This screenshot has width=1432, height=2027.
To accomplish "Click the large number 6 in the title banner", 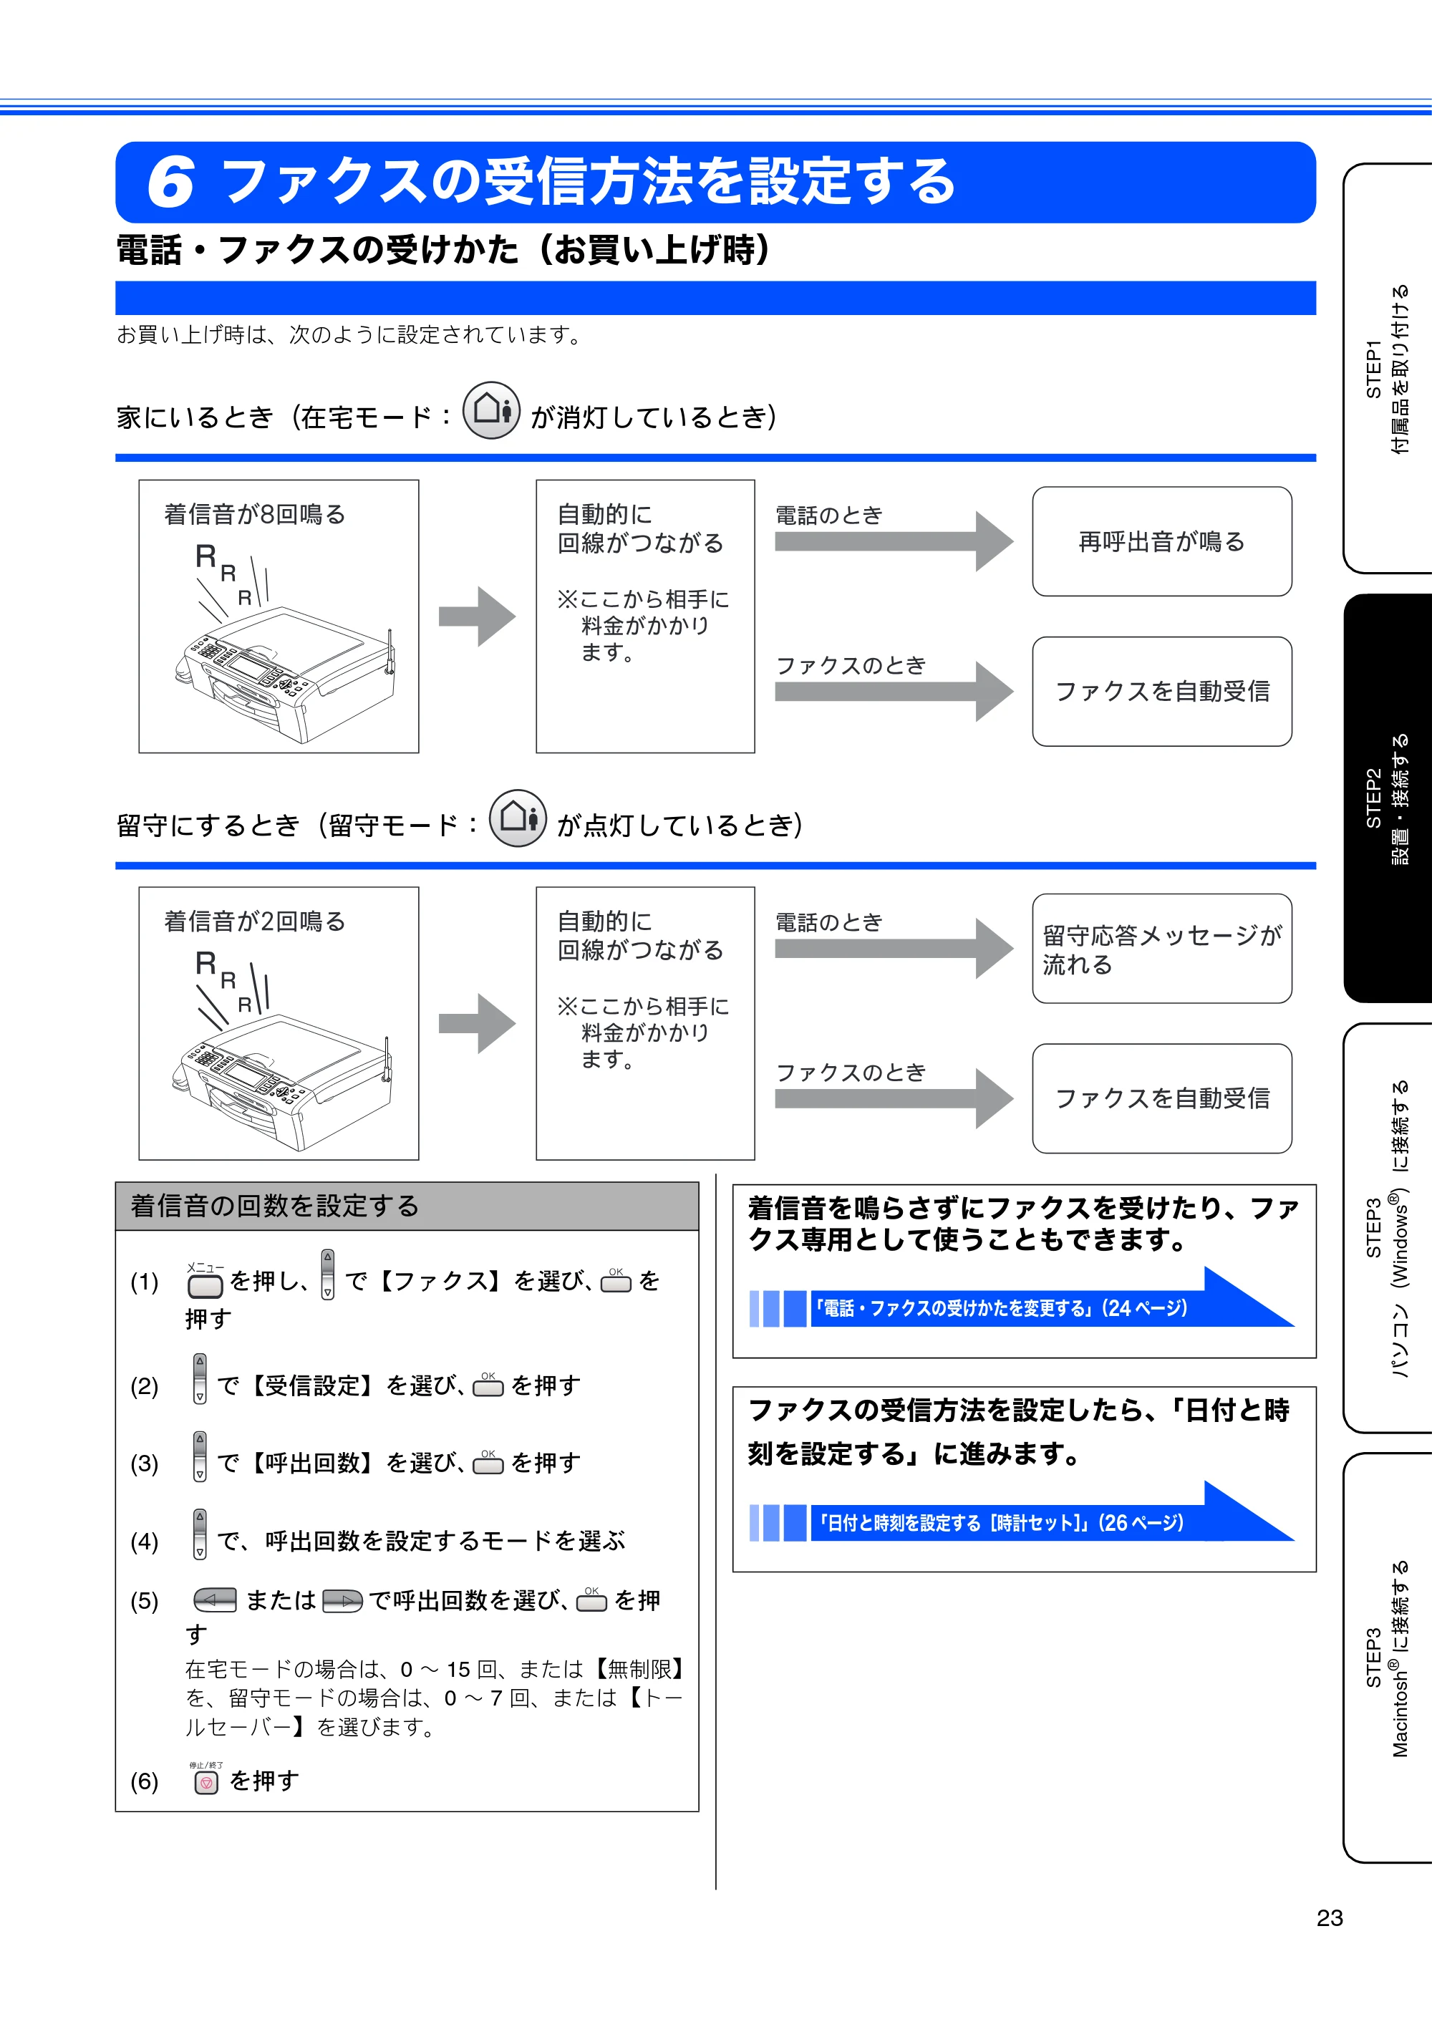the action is pos(170,182).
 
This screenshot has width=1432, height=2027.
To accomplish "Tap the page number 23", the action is pos(1330,1917).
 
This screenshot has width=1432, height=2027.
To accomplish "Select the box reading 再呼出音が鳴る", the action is pos(1162,541).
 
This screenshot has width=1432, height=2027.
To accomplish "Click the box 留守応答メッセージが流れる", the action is pos(1162,948).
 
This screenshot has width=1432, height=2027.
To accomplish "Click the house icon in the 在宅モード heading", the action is pos(492,410).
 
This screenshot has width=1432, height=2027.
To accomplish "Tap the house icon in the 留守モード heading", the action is pos(518,818).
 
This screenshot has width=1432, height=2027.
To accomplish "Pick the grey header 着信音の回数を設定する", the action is pos(407,1206).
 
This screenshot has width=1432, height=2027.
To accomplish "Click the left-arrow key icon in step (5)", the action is pos(216,1600).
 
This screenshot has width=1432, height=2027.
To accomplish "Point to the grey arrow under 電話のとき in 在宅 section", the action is pos(894,541).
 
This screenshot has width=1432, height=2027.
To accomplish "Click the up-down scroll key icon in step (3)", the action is pos(200,1456).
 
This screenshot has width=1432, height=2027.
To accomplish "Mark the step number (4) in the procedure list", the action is pos(145,1542).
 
